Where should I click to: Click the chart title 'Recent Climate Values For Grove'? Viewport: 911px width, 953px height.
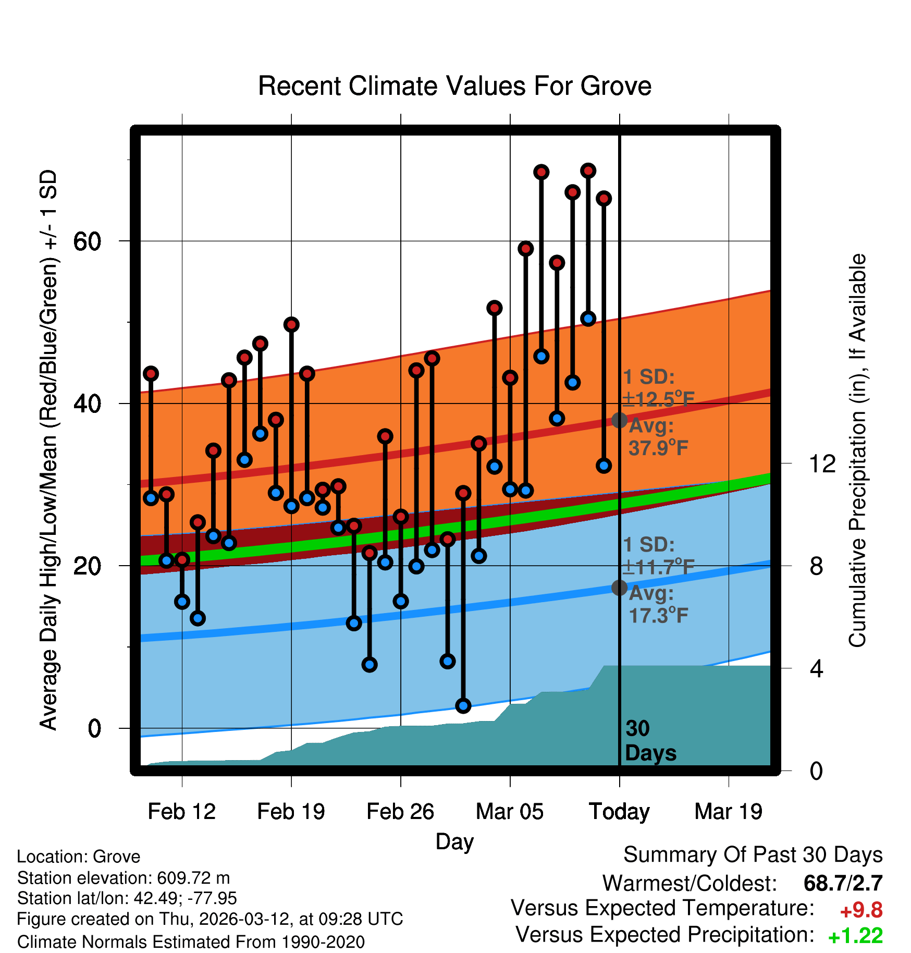point(454,86)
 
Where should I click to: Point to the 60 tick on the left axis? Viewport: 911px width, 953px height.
point(87,241)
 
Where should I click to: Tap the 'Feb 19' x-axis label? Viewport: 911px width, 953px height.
point(291,812)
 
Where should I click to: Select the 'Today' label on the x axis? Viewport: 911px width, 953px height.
point(619,812)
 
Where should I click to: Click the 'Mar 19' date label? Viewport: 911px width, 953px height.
point(728,812)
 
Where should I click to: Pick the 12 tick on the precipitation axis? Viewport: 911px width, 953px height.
point(822,463)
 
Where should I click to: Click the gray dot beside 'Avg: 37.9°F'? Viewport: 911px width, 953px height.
point(619,420)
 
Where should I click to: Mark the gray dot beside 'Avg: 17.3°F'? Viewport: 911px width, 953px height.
point(619,588)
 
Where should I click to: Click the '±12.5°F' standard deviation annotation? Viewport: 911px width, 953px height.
point(658,399)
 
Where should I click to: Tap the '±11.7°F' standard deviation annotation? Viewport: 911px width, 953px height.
point(658,567)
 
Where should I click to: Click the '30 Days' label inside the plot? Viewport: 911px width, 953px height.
point(650,741)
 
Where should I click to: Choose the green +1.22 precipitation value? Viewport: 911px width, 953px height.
point(855,936)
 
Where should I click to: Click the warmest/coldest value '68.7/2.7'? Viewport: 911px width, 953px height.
point(843,884)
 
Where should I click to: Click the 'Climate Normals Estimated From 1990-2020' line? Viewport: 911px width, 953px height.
point(191,942)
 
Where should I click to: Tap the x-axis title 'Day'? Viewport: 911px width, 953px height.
point(454,842)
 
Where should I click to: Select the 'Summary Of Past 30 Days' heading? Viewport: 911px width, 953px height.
point(753,855)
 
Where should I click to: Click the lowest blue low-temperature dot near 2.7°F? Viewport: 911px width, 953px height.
point(463,706)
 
